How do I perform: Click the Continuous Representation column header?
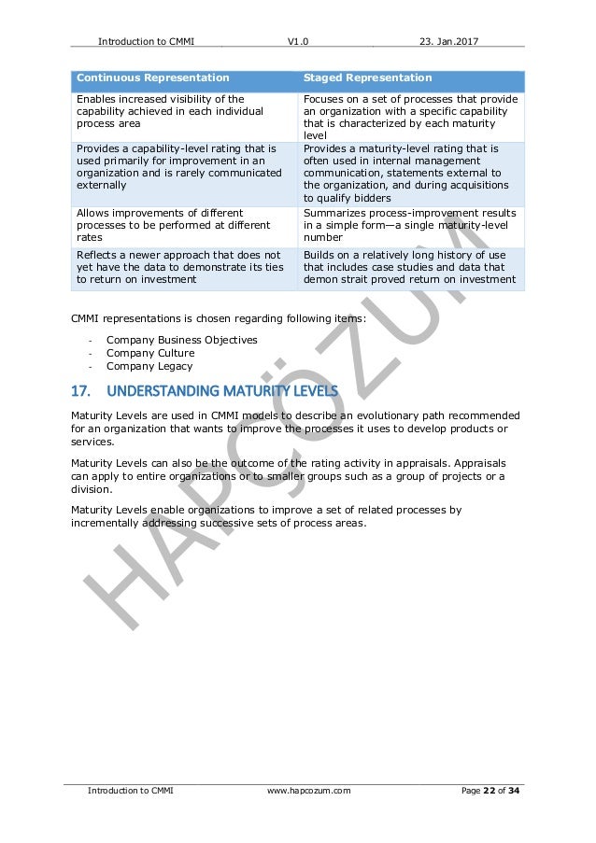pyautogui.click(x=152, y=78)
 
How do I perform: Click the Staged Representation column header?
pyautogui.click(x=368, y=78)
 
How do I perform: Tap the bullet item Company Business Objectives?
pyautogui.click(x=181, y=340)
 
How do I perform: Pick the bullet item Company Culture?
pyautogui.click(x=150, y=353)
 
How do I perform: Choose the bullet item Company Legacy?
pyautogui.click(x=149, y=366)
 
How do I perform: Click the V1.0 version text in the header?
pyautogui.click(x=298, y=41)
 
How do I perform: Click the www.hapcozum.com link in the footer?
pyautogui.click(x=308, y=791)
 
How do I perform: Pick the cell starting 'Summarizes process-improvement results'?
pyautogui.click(x=409, y=226)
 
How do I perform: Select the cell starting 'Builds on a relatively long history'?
pyautogui.click(x=409, y=266)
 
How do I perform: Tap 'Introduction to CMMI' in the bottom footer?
pyautogui.click(x=131, y=791)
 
